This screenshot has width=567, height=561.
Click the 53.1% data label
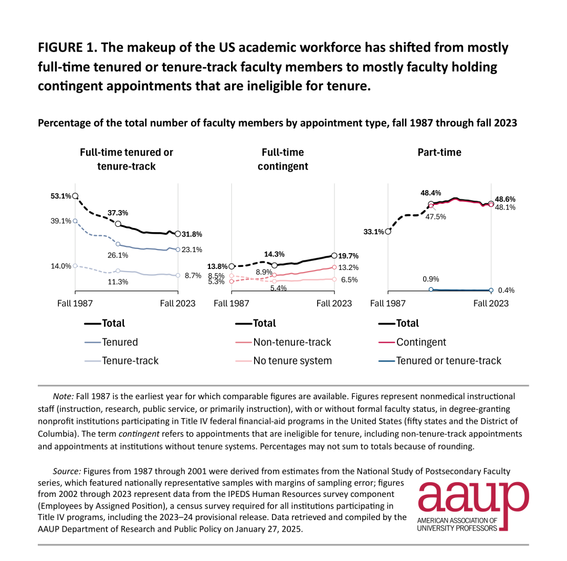pyautogui.click(x=61, y=196)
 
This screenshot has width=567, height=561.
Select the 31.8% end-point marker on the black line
pyautogui.click(x=178, y=234)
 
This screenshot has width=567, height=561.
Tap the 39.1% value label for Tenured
pyautogui.click(x=61, y=221)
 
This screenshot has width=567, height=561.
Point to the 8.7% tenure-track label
pyautogui.click(x=193, y=276)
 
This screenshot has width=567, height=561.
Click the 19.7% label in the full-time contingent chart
pyautogui.click(x=348, y=256)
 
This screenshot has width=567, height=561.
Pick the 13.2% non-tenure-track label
pyautogui.click(x=348, y=268)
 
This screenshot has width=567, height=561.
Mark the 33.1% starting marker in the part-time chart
pyautogui.click(x=388, y=232)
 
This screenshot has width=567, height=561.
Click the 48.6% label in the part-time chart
pyautogui.click(x=505, y=199)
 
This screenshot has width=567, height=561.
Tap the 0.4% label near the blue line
pyautogui.click(x=506, y=290)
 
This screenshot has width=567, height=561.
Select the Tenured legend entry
pyautogui.click(x=111, y=342)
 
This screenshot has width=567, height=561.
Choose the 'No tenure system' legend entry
pyautogui.click(x=283, y=361)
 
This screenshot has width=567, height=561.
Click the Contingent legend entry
pyautogui.click(x=412, y=342)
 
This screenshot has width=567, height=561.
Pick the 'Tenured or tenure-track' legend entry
pyautogui.click(x=440, y=361)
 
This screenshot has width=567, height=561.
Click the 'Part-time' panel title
pyautogui.click(x=439, y=152)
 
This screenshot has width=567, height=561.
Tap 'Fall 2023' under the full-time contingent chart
pyautogui.click(x=334, y=304)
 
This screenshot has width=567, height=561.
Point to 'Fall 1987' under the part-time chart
pyautogui.click(x=388, y=304)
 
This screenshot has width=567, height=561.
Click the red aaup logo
pyautogui.click(x=474, y=506)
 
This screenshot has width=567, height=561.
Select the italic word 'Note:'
pyautogui.click(x=64, y=397)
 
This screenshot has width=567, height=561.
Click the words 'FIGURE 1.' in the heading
pyautogui.click(x=68, y=48)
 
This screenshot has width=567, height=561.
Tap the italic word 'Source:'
pyautogui.click(x=67, y=471)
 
